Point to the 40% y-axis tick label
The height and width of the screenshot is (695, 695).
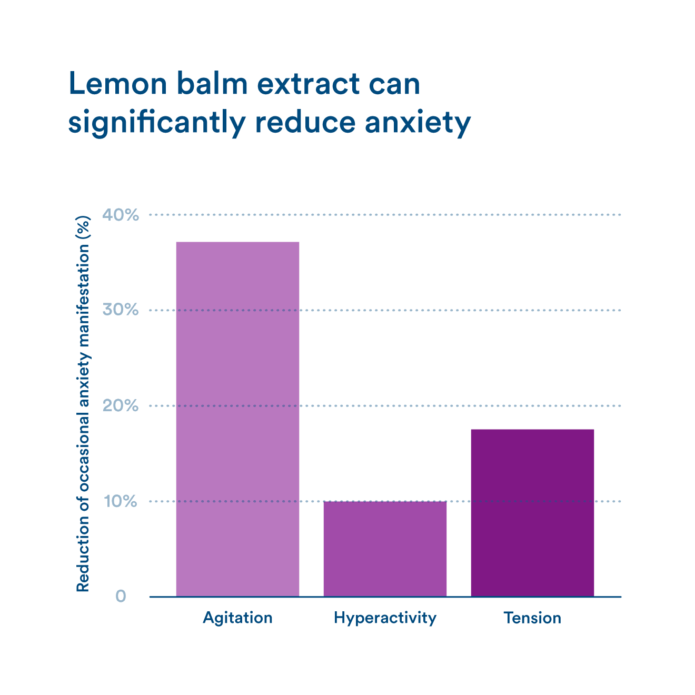click(x=121, y=215)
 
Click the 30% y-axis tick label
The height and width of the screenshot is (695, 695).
click(x=121, y=310)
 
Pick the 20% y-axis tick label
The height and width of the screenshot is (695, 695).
click(x=121, y=405)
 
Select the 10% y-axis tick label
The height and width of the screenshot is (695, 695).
click(x=121, y=501)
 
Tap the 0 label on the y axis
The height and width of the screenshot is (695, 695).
click(x=121, y=597)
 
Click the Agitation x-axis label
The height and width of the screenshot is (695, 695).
click(x=237, y=618)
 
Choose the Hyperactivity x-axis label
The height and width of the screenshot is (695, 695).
click(x=385, y=618)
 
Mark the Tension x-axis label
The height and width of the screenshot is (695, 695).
click(x=532, y=618)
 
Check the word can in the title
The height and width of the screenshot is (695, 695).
click(x=394, y=84)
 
